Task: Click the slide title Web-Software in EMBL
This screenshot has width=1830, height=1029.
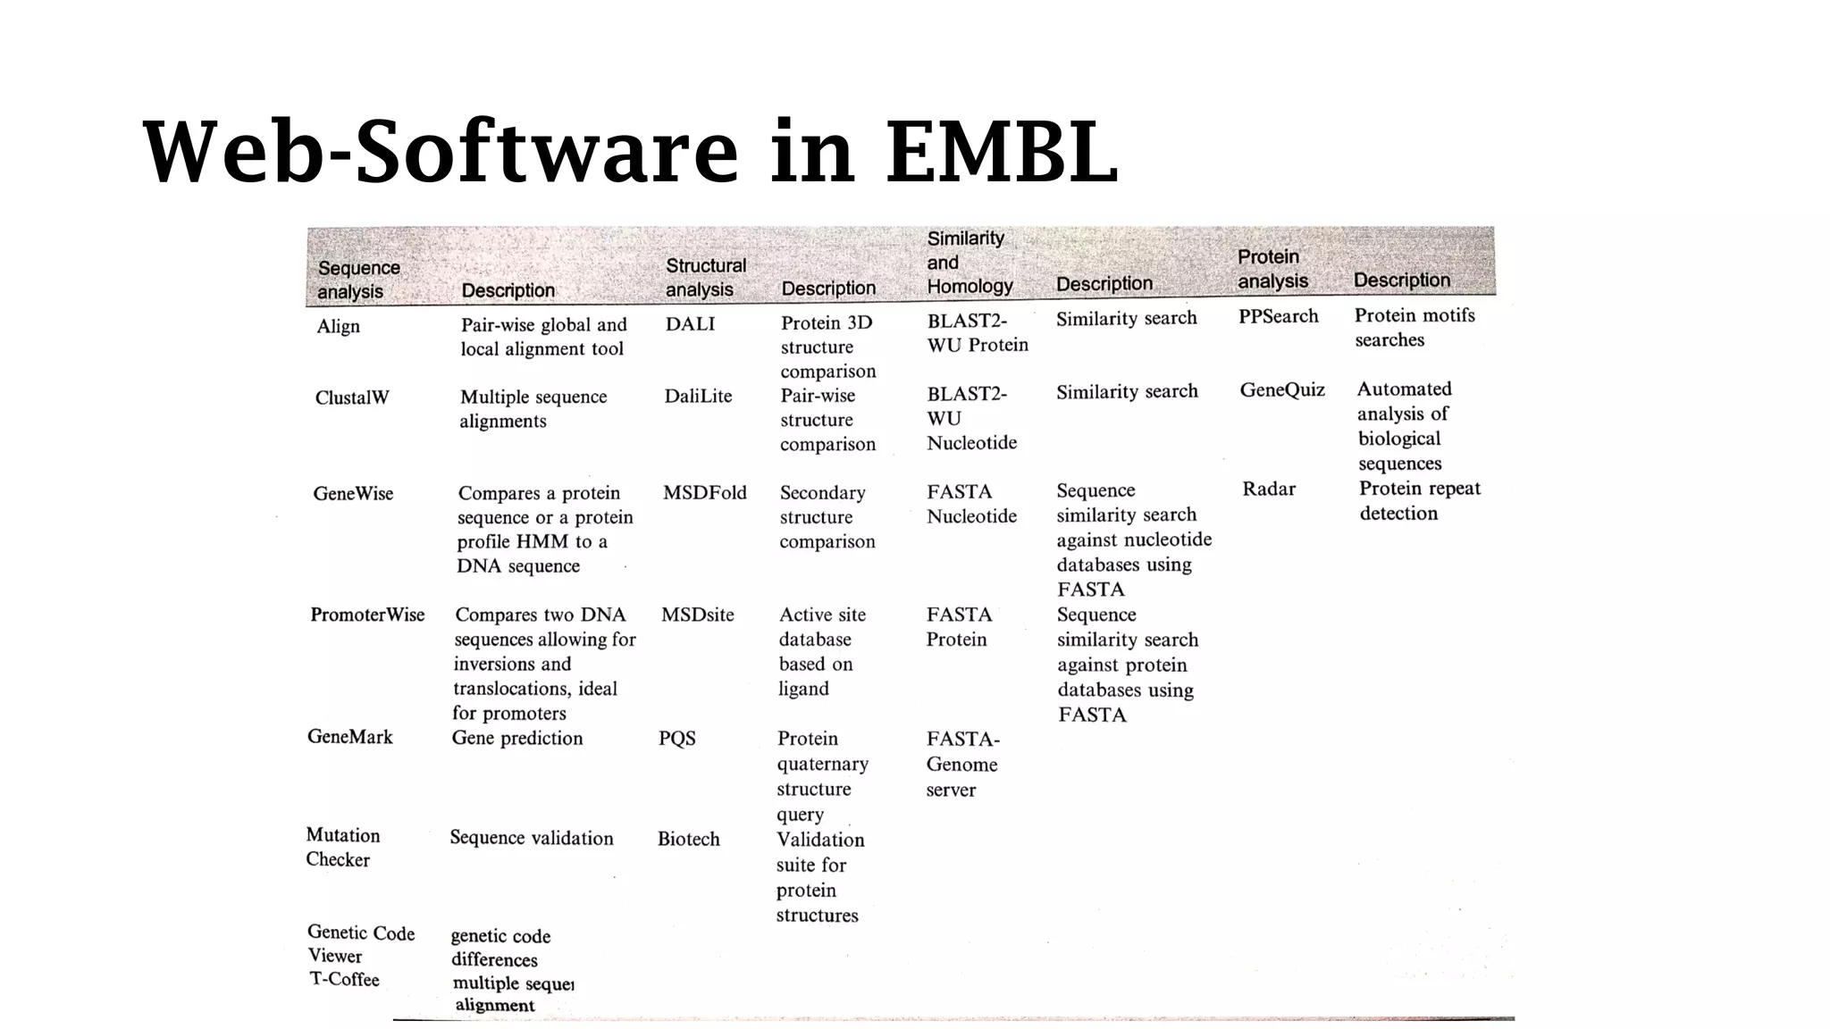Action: (630, 151)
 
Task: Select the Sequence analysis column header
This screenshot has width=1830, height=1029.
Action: (358, 280)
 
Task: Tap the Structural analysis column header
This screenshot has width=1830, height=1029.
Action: (705, 277)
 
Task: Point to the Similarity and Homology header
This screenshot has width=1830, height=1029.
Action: (969, 262)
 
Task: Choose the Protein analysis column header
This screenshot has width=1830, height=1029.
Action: (1272, 269)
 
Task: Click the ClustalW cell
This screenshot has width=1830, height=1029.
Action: (352, 397)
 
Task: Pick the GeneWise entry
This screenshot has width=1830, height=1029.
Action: (353, 493)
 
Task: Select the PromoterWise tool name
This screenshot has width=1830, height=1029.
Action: (367, 615)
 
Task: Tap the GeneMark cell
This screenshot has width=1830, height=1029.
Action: (350, 737)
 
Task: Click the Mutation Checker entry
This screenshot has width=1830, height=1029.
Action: (342, 847)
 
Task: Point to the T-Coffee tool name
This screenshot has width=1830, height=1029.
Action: (344, 979)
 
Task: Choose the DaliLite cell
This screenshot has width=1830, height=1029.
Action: (698, 396)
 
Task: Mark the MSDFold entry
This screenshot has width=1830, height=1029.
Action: (704, 492)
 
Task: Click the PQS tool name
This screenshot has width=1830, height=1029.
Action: (676, 739)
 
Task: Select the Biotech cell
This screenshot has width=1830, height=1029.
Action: (688, 839)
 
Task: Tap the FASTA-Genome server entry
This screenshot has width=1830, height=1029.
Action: (961, 764)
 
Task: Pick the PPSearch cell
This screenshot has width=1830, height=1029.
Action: (1278, 316)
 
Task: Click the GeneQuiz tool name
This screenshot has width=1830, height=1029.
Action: (1282, 389)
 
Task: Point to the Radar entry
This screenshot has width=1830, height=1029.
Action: (1268, 489)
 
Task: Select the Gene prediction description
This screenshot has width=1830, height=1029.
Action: (516, 738)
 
